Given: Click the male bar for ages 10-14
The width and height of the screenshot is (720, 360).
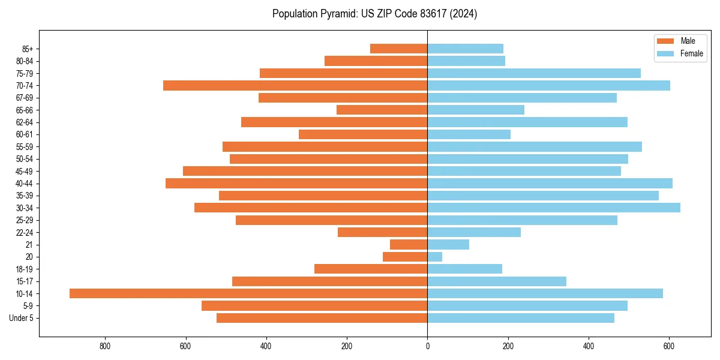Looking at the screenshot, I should point(248,293).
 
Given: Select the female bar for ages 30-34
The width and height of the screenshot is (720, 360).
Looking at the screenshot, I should point(553,208).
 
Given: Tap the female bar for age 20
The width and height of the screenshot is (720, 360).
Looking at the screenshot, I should point(435,257).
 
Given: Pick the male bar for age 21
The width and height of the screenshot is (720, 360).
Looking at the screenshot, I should point(409,245).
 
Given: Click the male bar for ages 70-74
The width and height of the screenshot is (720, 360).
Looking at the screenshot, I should point(295,86).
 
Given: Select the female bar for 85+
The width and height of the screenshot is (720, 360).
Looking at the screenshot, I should point(465,49).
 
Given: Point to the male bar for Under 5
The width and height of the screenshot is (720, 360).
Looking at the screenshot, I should point(322,318).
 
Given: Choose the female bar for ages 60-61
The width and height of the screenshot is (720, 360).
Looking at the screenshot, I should point(469,134).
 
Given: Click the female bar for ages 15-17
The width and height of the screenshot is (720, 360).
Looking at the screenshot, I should point(497,281).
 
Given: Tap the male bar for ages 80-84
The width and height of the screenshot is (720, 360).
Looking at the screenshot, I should point(376,61).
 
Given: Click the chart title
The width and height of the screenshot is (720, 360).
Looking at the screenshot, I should point(374,14).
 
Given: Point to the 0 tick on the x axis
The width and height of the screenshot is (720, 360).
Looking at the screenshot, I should point(427,346).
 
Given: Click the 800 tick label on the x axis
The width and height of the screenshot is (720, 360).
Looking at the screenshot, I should point(105,346).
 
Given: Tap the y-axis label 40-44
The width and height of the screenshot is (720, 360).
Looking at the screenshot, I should point(25,184).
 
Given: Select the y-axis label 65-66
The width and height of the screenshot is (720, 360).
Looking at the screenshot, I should point(25,110).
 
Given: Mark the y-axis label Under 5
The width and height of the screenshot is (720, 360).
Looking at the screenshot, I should point(21,318).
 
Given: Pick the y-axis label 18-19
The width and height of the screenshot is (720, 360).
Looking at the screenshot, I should point(25,269).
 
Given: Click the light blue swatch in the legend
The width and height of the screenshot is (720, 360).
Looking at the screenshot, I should point(665,53).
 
